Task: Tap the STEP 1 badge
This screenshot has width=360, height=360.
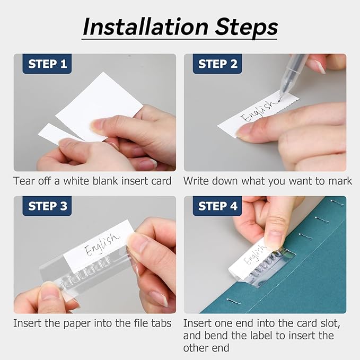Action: click(47, 64)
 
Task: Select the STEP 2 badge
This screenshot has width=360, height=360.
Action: click(217, 64)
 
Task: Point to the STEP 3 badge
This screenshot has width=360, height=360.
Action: click(47, 206)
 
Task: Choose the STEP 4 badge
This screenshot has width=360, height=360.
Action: click(217, 206)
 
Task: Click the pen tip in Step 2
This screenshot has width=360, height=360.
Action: click(280, 98)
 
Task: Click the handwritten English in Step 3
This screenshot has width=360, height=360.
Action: click(102, 244)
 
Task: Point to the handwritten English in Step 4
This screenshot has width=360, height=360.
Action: click(254, 254)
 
